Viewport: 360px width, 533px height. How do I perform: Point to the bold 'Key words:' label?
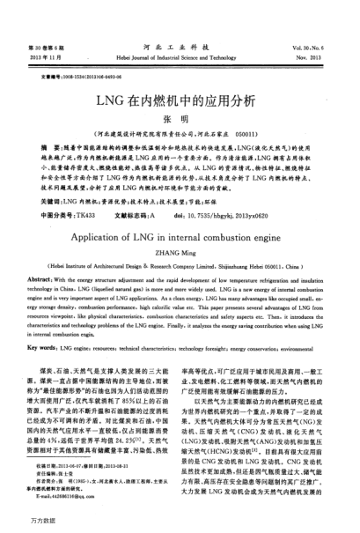click(x=46, y=324)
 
